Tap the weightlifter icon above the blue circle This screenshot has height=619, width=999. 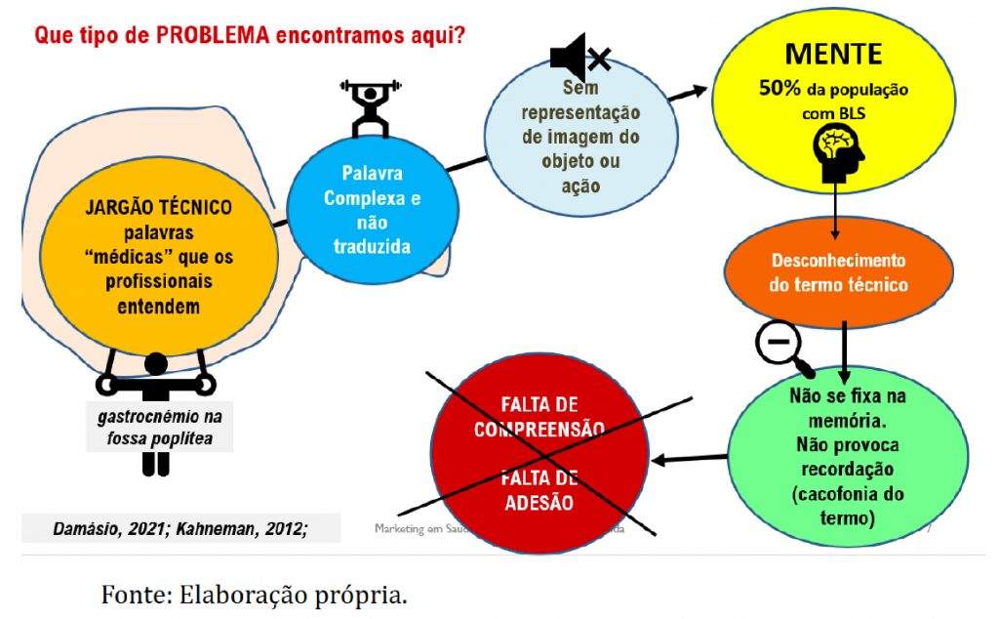click(x=371, y=107)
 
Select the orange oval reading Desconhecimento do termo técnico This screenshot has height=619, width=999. click(x=837, y=273)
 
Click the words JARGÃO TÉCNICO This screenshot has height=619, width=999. click(x=158, y=208)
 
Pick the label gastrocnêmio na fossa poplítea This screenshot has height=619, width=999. click(x=160, y=427)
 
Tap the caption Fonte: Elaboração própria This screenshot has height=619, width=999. click(x=254, y=594)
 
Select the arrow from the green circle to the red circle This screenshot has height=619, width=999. click(x=688, y=459)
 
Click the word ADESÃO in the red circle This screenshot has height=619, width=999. click(x=539, y=503)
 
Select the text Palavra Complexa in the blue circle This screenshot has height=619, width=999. click(x=372, y=186)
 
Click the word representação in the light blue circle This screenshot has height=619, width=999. click(x=581, y=111)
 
